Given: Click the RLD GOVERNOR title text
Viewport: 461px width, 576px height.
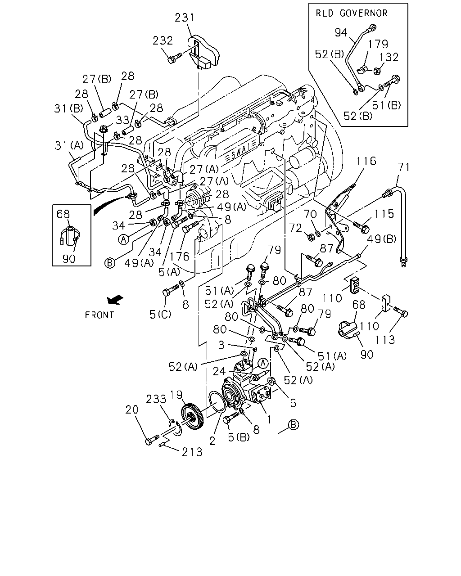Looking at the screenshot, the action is pyautogui.click(x=352, y=13).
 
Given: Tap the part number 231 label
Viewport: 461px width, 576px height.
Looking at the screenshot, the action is pyautogui.click(x=184, y=18).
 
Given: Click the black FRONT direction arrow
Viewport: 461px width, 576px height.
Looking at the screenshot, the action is pyautogui.click(x=115, y=300).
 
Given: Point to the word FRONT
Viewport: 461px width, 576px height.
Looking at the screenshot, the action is pyautogui.click(x=99, y=315).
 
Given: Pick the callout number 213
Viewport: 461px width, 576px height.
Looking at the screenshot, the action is pyautogui.click(x=192, y=452).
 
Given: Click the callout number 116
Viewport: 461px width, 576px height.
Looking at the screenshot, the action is pyautogui.click(x=366, y=161).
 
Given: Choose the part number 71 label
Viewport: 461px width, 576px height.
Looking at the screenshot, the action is pyautogui.click(x=404, y=167).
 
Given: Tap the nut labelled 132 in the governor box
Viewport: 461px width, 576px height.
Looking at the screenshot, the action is pyautogui.click(x=378, y=71).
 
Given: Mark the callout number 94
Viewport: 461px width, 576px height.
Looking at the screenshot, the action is pyautogui.click(x=341, y=33).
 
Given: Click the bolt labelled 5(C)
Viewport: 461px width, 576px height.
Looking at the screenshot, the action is pyautogui.click(x=171, y=290).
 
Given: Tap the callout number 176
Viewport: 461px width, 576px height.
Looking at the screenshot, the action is pyautogui.click(x=180, y=256).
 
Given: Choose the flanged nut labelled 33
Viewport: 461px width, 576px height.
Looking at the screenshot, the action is pyautogui.click(x=103, y=129).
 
